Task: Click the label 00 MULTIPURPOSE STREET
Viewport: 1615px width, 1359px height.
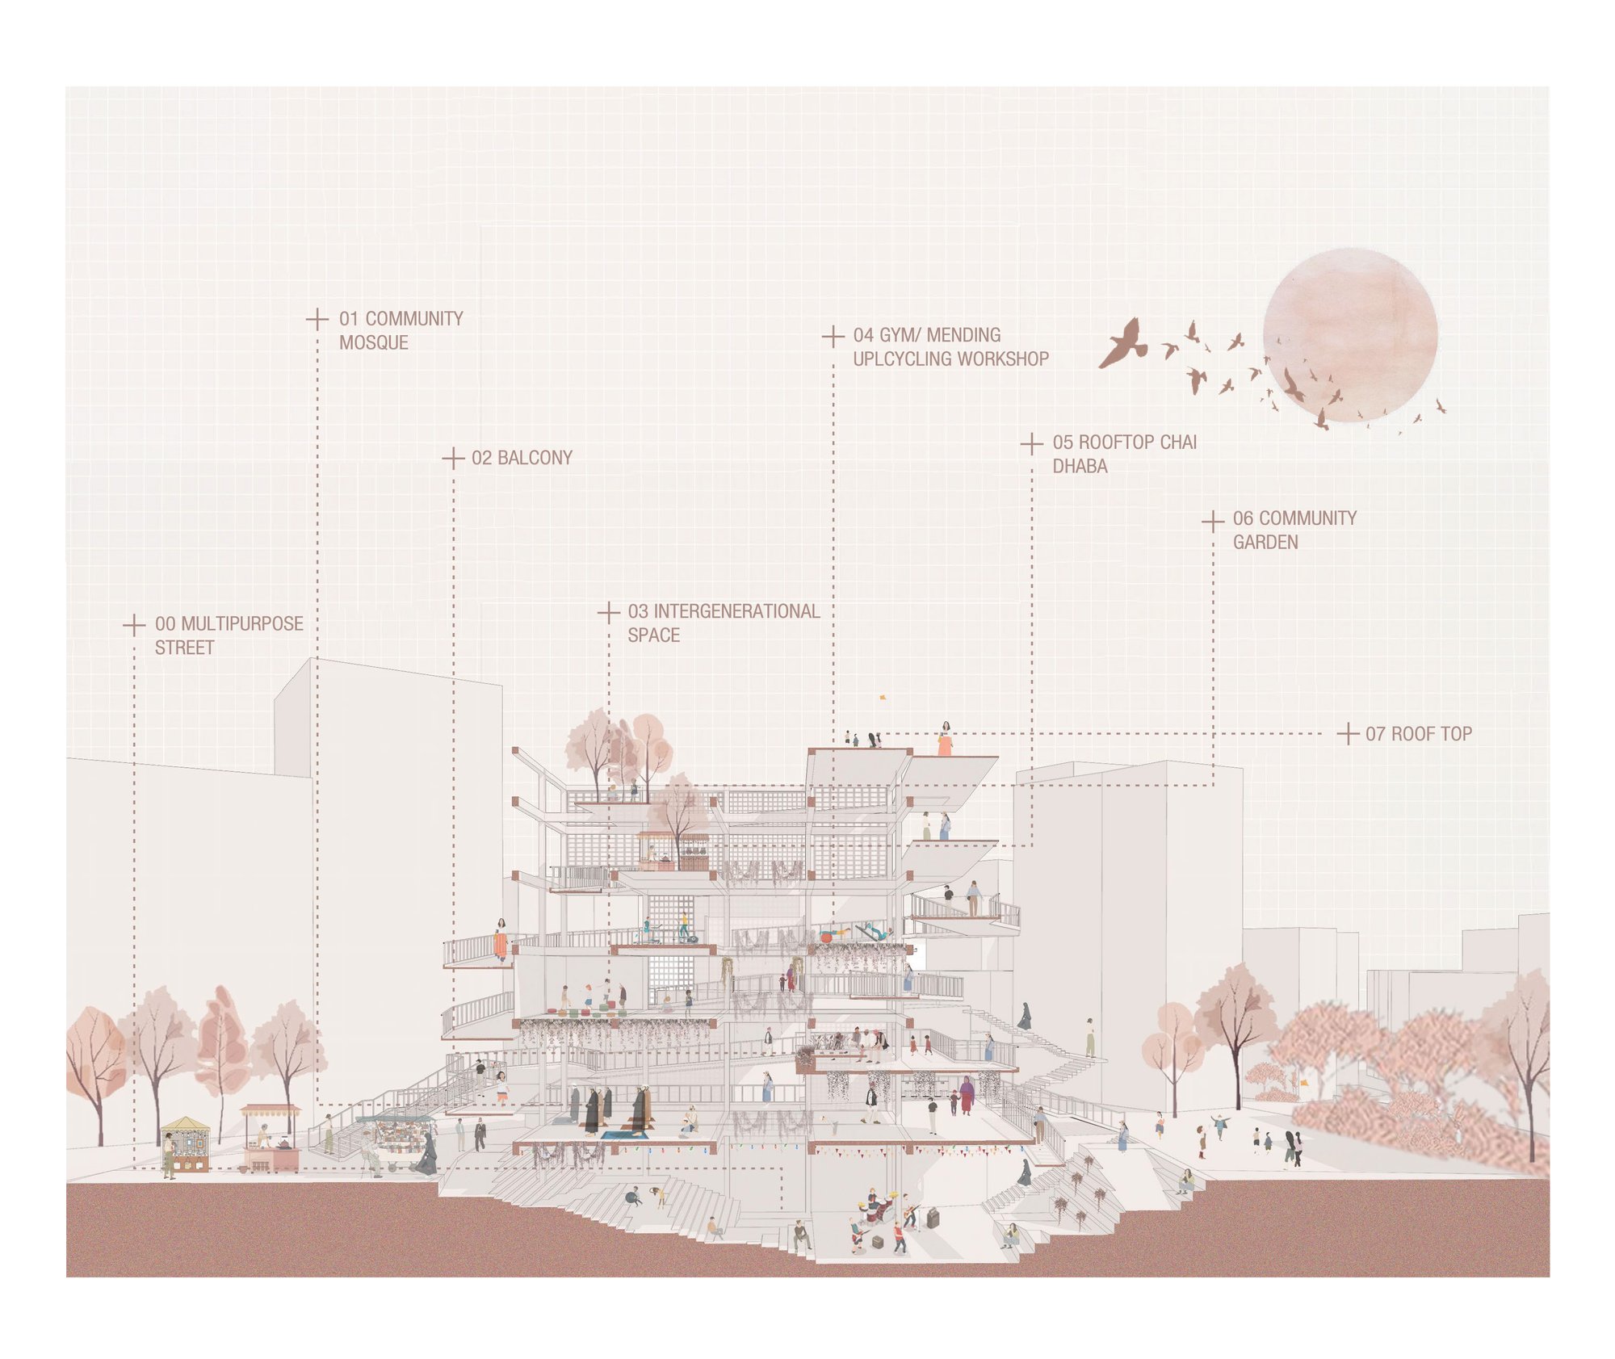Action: click(229, 635)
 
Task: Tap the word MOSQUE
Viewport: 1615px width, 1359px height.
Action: click(374, 342)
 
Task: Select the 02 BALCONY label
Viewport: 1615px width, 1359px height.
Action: click(522, 458)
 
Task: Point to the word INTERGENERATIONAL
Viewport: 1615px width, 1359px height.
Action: click(736, 611)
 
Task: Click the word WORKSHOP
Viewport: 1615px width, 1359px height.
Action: click(998, 359)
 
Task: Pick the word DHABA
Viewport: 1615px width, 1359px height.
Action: click(1080, 466)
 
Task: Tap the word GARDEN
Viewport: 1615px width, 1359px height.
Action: click(1265, 542)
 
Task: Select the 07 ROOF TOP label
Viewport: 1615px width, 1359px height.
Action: click(1419, 734)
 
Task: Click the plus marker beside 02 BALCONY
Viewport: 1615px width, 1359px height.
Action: click(453, 459)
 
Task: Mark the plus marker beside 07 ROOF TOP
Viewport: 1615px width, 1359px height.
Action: click(1348, 734)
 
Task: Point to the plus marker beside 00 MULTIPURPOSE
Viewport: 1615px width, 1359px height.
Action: click(134, 625)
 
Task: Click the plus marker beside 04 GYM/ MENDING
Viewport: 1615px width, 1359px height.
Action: click(833, 337)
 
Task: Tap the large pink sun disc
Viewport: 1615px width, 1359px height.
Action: click(1350, 335)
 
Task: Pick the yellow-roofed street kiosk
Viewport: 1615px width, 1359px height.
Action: click(186, 1143)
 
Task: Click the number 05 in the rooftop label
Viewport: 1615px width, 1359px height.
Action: click(1063, 443)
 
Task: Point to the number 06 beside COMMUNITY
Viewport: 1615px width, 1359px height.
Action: click(1244, 518)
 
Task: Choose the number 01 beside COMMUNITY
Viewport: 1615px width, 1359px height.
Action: click(349, 319)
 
